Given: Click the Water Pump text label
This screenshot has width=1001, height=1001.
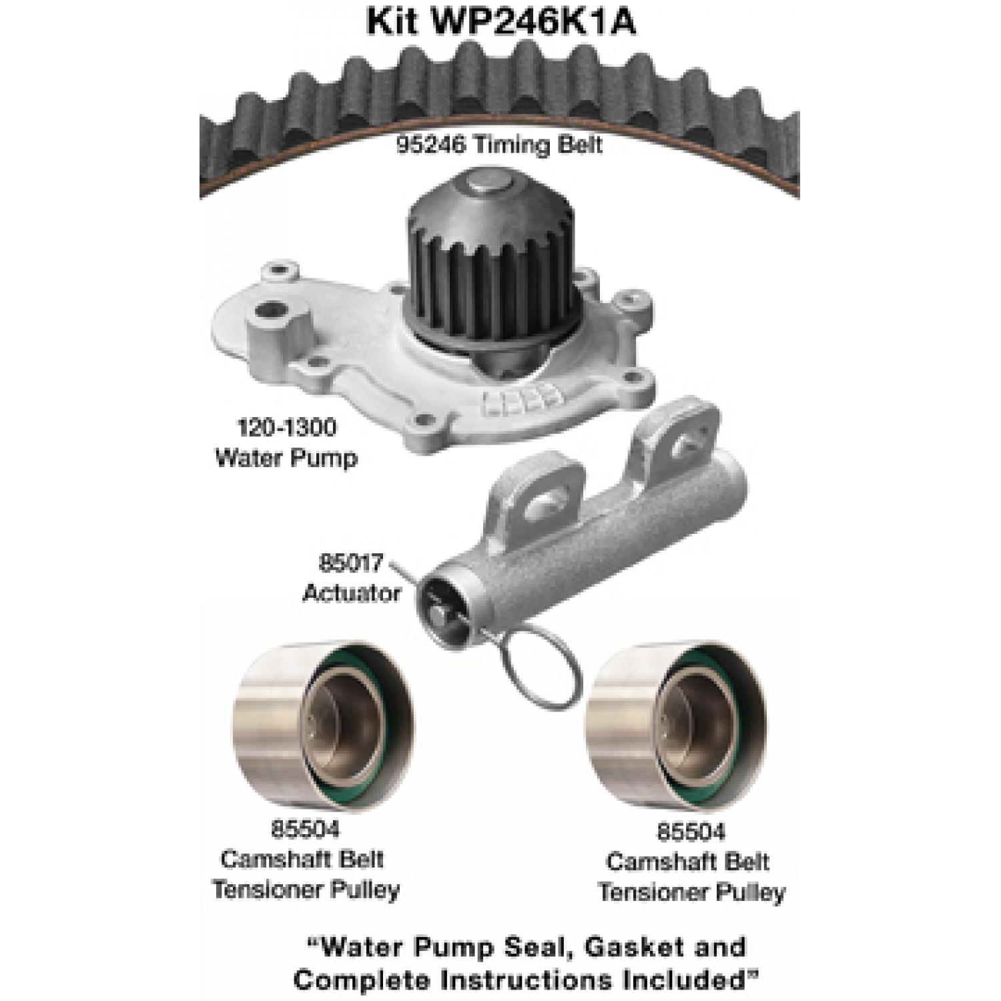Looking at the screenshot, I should pos(286,458).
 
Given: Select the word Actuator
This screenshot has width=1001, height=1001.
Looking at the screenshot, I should pos(352,593).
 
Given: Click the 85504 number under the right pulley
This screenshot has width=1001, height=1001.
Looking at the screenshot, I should pos(690,831).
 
